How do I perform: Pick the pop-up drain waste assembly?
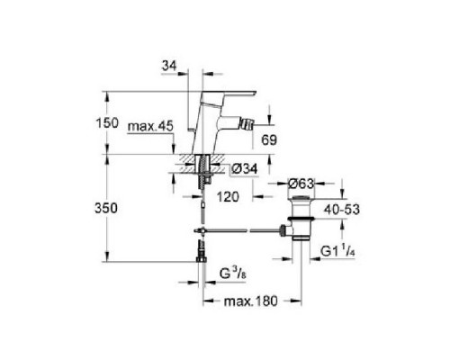(298, 216)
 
